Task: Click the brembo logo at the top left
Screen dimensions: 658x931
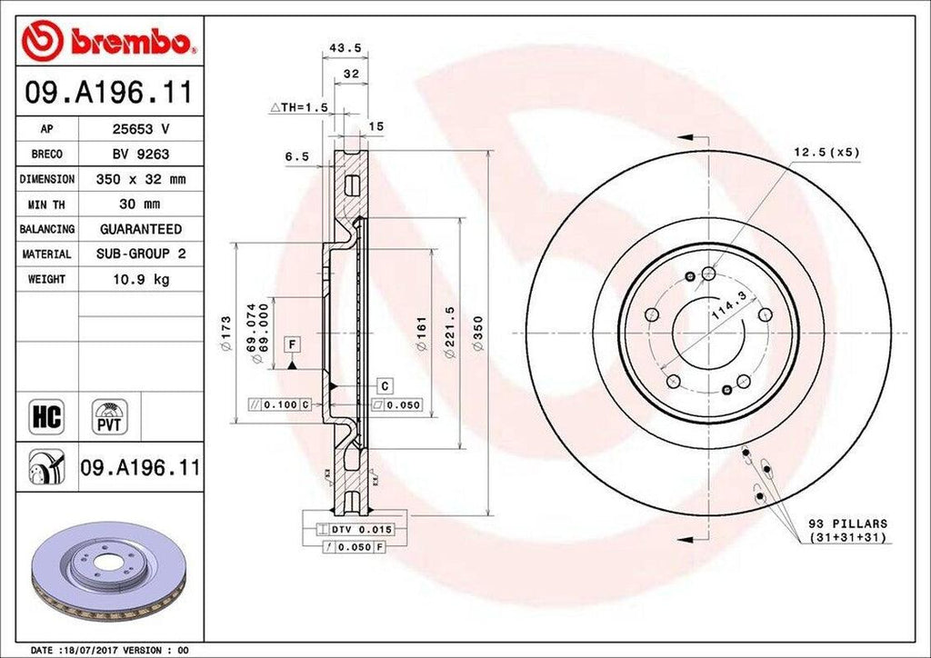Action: pyautogui.click(x=109, y=41)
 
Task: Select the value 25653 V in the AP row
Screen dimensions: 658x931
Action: pyautogui.click(x=141, y=130)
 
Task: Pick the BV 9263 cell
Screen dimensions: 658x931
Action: pyautogui.click(x=141, y=155)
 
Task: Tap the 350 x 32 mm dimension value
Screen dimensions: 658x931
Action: pyautogui.click(x=141, y=180)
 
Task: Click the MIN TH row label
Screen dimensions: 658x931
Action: pyautogui.click(x=46, y=204)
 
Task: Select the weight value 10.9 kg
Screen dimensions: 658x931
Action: pyautogui.click(x=141, y=280)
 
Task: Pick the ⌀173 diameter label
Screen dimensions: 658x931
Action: pyautogui.click(x=226, y=333)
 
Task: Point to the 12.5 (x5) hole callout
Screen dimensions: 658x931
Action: pyautogui.click(x=825, y=154)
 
